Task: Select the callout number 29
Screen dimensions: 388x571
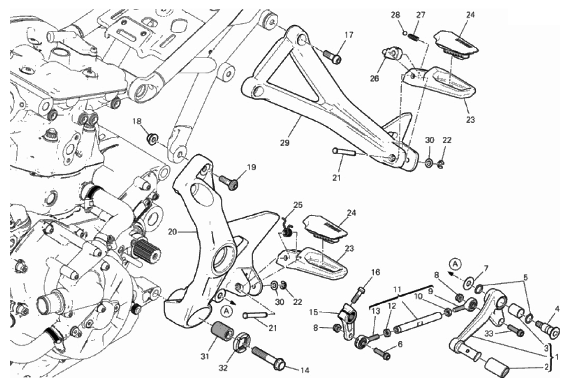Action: point(284,142)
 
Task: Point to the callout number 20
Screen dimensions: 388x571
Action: point(172,232)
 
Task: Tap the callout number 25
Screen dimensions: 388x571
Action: point(297,205)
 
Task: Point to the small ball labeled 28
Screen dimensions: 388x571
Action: point(405,33)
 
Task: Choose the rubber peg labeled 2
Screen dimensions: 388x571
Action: point(496,368)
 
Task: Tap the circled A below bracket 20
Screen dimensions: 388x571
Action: point(227,311)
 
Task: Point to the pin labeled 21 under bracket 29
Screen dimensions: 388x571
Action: point(350,153)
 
